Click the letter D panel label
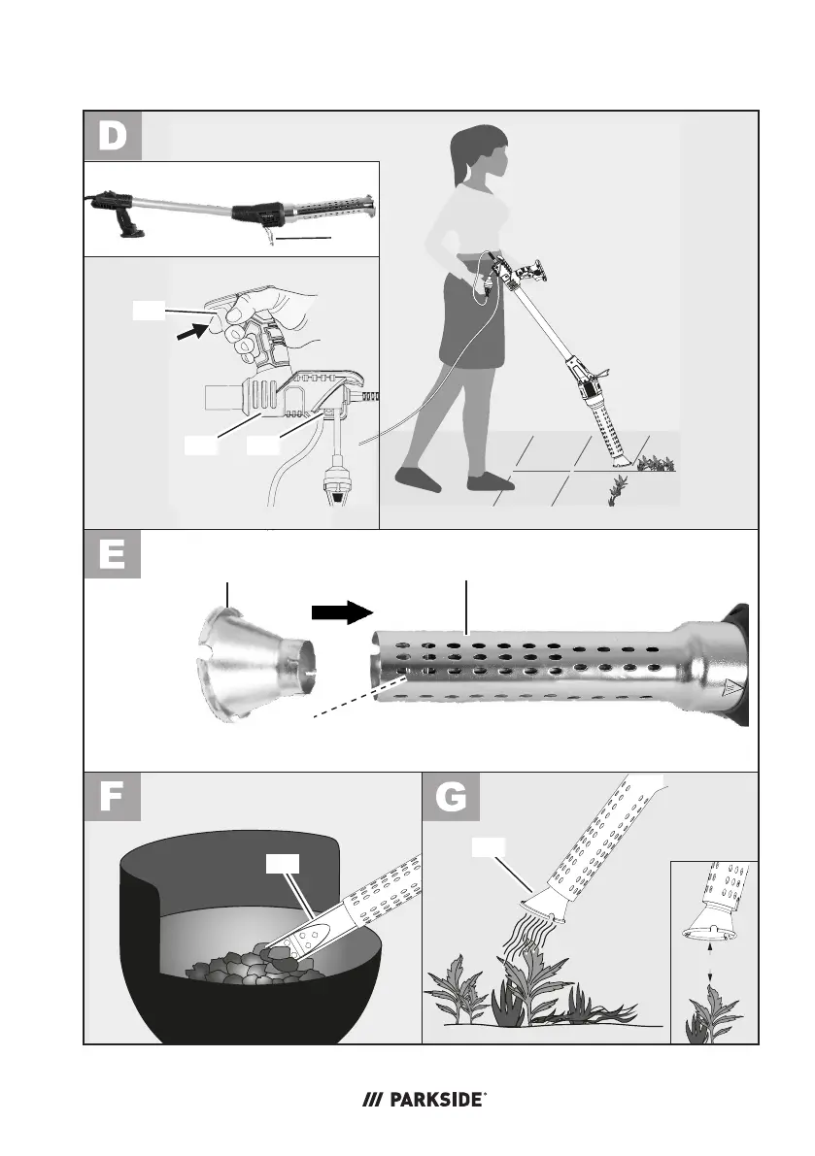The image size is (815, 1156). (x=112, y=137)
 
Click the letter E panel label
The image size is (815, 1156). (x=112, y=554)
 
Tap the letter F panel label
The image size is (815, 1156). (x=111, y=797)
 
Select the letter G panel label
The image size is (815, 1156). (x=451, y=797)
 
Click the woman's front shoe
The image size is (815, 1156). (x=419, y=478)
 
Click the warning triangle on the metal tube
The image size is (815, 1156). (x=732, y=686)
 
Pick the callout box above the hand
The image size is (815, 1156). (x=149, y=312)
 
